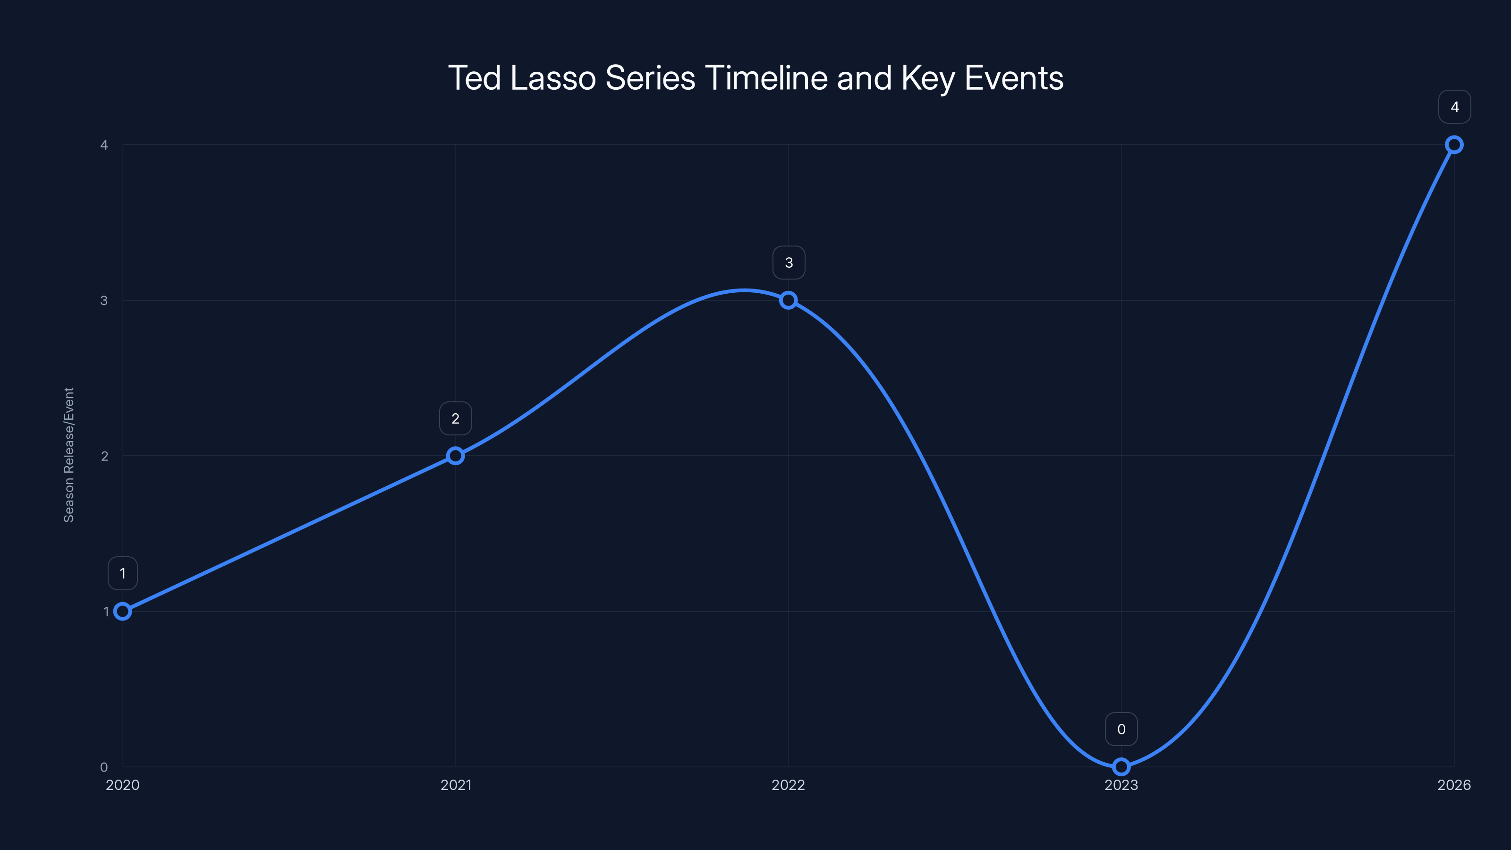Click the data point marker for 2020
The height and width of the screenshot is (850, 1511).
(123, 611)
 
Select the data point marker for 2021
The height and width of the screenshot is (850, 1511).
(455, 456)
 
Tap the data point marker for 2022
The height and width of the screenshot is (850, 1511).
(789, 300)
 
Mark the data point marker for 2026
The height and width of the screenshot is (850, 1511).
(1454, 144)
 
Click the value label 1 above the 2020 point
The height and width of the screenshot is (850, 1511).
(123, 573)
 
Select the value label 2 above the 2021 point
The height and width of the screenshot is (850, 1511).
(455, 418)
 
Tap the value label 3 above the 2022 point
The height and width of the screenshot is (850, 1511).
(789, 263)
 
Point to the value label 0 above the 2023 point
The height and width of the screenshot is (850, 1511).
(1121, 729)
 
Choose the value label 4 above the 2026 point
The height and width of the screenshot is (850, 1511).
(1454, 107)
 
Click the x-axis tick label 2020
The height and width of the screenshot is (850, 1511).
(123, 785)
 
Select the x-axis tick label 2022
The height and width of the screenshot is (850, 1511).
(789, 785)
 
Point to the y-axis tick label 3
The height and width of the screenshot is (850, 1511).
(104, 300)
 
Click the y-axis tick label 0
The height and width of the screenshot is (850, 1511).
(104, 767)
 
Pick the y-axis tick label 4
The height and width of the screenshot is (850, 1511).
(104, 145)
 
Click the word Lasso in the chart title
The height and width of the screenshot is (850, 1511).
(552, 78)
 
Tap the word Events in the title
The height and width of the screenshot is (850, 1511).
(1014, 78)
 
